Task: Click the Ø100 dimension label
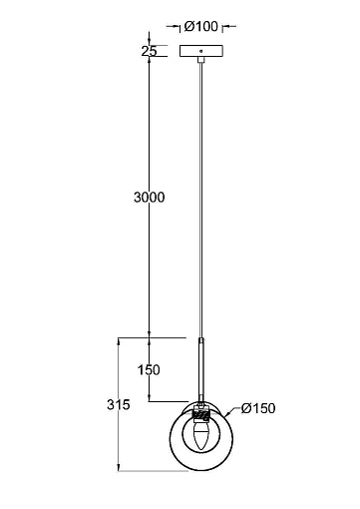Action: (x=201, y=26)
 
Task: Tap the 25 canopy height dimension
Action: (x=149, y=51)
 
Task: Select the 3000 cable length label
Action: (x=150, y=198)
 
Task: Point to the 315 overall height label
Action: (x=119, y=404)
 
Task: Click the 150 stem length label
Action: (x=149, y=369)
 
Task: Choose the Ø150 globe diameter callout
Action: (x=258, y=408)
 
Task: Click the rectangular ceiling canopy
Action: (x=201, y=51)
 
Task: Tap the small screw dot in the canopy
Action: (x=200, y=51)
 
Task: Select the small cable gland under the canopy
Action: (x=200, y=60)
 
